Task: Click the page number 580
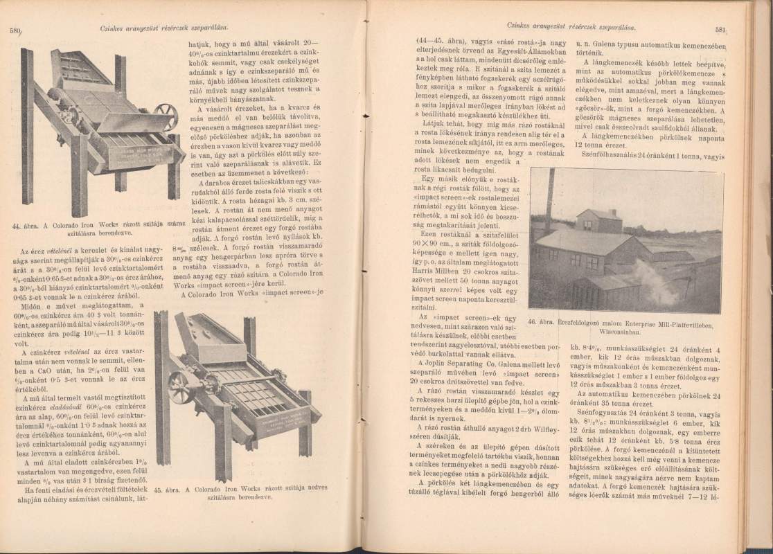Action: click(x=16, y=30)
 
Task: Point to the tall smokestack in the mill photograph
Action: click(x=549, y=202)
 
